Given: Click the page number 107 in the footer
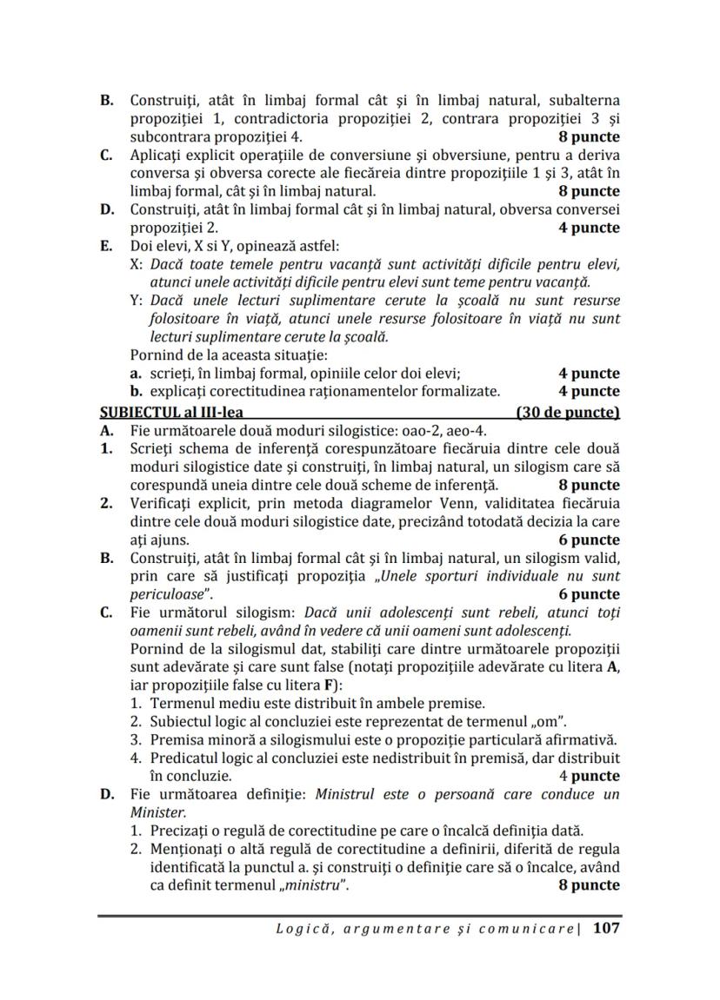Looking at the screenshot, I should tap(606, 928).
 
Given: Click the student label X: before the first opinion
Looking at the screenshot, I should tap(137, 264).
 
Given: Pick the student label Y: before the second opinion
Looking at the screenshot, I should tap(137, 301).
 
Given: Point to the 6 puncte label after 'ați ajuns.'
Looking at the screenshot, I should tap(589, 540).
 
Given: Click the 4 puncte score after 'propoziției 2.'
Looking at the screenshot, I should tap(589, 228).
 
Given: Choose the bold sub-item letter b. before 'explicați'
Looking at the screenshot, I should tap(137, 391).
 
